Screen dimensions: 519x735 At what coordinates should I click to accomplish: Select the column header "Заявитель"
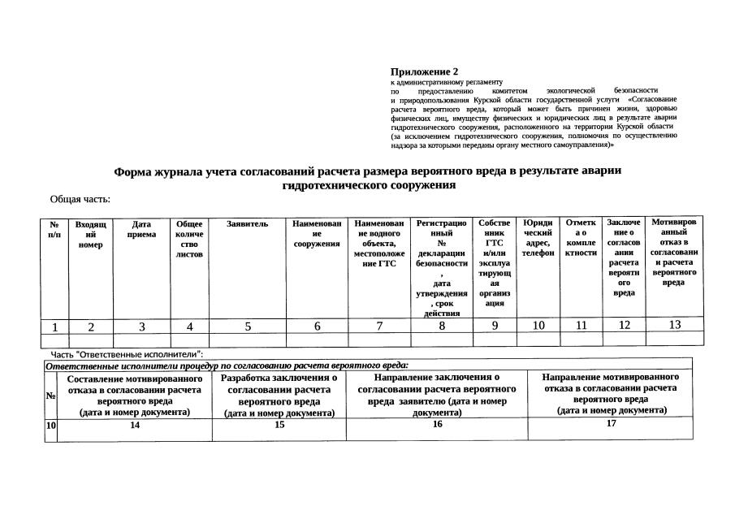coord(248,223)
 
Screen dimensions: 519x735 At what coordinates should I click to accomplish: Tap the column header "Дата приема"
coord(142,229)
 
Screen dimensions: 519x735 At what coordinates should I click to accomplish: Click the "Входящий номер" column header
coord(91,234)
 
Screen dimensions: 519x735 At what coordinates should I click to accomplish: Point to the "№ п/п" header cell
coord(54,229)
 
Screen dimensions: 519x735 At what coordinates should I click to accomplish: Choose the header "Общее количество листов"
coord(189,239)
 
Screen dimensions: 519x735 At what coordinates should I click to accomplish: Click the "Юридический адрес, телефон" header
coord(538,237)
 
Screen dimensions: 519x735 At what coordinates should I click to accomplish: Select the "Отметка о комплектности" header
coord(581,237)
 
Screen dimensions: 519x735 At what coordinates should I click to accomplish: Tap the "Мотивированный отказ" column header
coord(673,251)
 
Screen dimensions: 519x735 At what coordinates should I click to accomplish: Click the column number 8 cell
coord(442,327)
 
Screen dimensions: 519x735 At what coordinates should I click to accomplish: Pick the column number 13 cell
coord(674,325)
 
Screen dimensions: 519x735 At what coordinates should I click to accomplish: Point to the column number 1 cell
coord(54,327)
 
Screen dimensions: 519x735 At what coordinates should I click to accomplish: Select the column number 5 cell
coord(248,327)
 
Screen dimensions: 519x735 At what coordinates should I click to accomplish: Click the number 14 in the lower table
coord(135,424)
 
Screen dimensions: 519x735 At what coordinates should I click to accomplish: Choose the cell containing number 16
coord(437,424)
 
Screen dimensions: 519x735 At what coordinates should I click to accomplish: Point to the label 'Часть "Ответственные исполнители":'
coord(127,354)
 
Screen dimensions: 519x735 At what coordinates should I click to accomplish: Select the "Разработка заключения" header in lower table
coord(279,395)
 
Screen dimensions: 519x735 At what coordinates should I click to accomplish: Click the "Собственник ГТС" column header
coord(495,262)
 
